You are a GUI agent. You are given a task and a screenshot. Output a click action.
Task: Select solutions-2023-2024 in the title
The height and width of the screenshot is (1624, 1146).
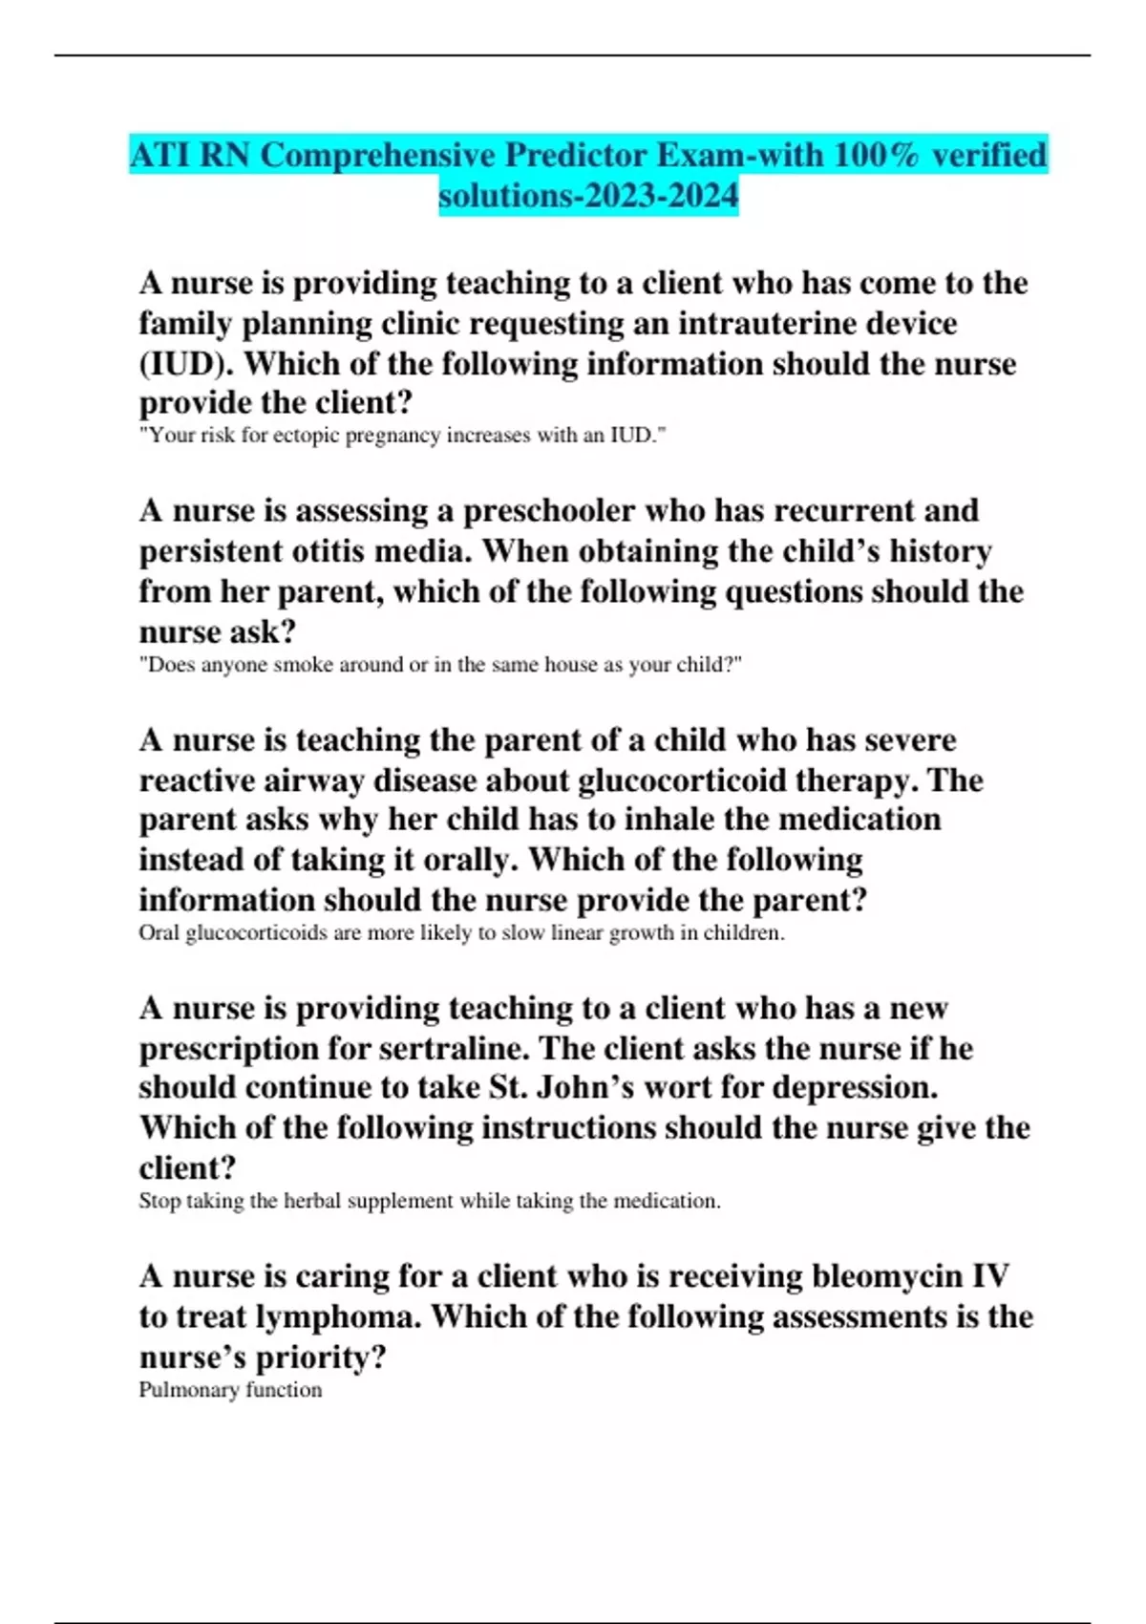click(x=588, y=196)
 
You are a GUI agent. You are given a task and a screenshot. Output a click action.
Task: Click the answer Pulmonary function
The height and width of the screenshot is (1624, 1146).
click(x=230, y=1390)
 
